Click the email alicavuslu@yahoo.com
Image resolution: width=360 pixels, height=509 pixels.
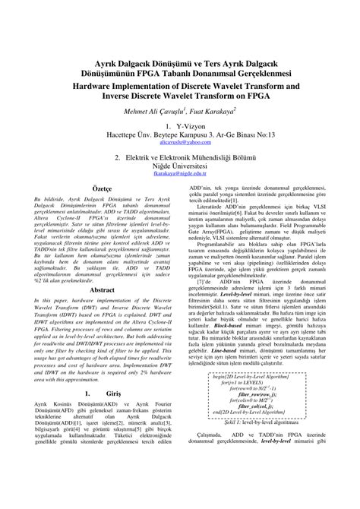tap(179, 142)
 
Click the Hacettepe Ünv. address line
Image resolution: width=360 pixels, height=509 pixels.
tap(180, 133)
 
